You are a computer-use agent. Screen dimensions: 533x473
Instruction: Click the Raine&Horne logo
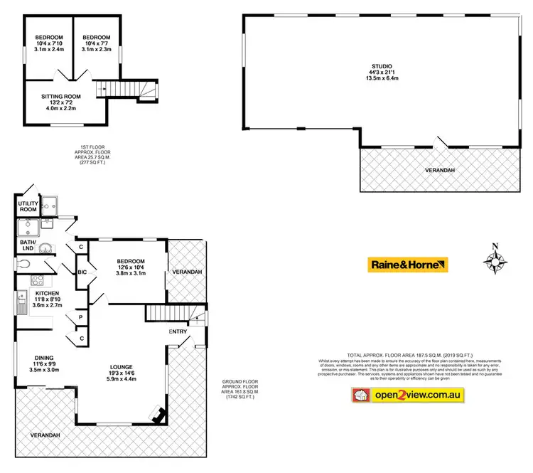click(x=408, y=265)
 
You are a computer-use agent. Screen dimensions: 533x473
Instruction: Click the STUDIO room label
click(x=381, y=67)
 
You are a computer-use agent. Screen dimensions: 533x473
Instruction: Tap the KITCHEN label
click(x=38, y=293)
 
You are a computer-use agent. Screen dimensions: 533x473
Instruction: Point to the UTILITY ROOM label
click(x=28, y=206)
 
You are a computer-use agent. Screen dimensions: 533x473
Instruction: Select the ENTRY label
click(x=178, y=331)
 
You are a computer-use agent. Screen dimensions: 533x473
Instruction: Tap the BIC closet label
click(x=82, y=271)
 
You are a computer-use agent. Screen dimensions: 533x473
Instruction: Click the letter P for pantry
click(x=81, y=317)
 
